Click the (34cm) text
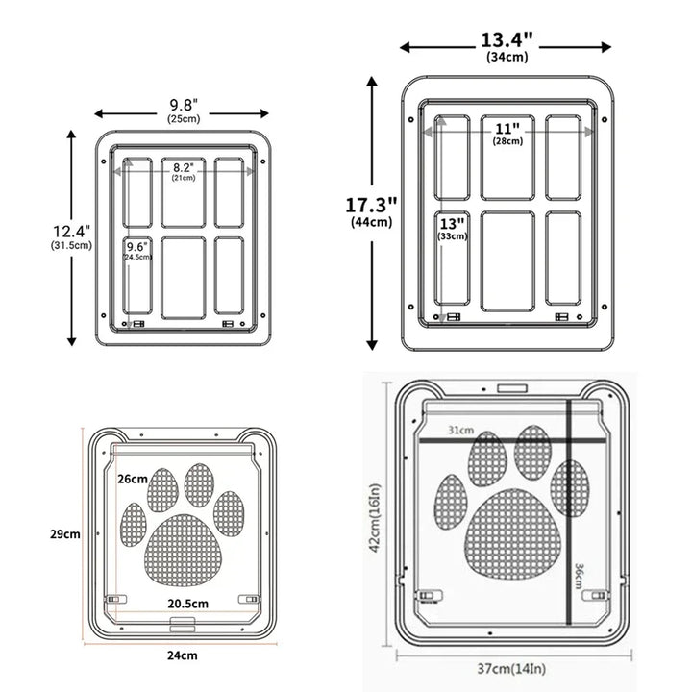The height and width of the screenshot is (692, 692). click(x=507, y=58)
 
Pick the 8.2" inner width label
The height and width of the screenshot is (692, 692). click(x=183, y=167)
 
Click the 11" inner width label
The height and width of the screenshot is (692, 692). click(x=507, y=128)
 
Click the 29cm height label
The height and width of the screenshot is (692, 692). click(x=66, y=534)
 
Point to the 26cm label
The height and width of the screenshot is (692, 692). click(x=133, y=479)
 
